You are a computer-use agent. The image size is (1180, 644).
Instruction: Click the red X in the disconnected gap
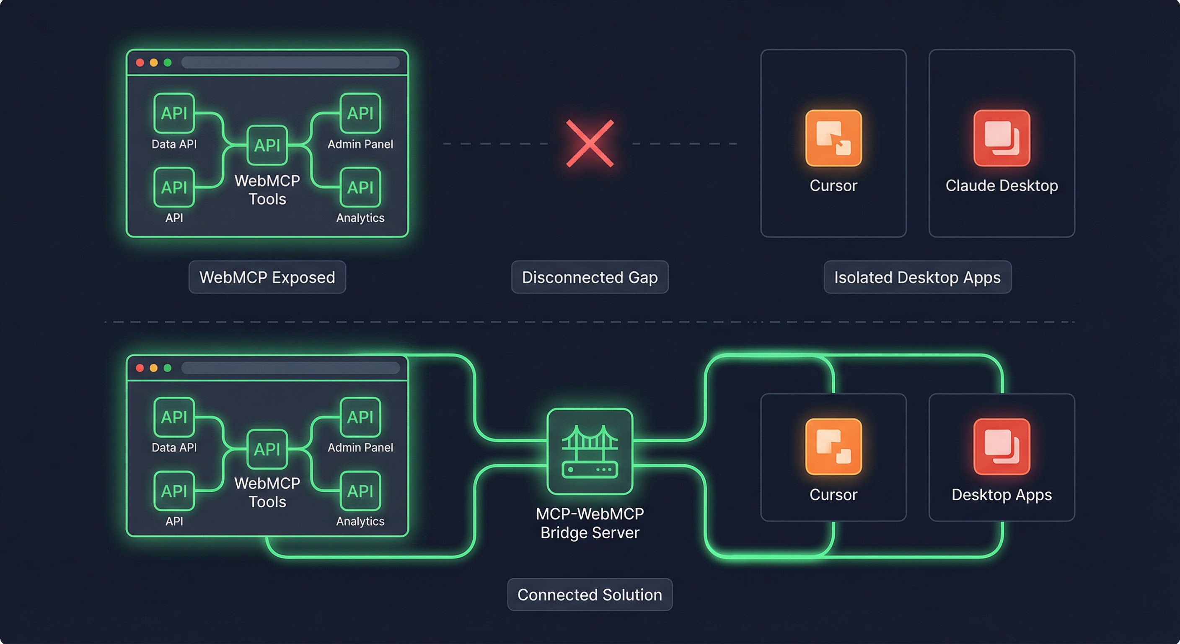[590, 143]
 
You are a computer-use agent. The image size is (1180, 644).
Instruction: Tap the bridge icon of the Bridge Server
[590, 451]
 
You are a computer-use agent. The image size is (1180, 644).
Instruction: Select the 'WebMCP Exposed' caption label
[267, 277]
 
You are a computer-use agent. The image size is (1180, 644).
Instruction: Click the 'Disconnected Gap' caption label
[590, 277]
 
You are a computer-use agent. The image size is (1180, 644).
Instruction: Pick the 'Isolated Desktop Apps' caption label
[917, 277]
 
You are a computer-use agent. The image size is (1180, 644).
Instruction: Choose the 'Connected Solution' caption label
[590, 595]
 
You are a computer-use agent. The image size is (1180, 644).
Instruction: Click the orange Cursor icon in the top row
[833, 138]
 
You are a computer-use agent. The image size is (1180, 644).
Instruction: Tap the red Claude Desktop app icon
[1001, 138]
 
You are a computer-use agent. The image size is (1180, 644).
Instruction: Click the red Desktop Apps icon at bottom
[1001, 447]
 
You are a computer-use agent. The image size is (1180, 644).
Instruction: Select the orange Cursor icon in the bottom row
[833, 447]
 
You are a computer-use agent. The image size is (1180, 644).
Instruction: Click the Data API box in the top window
[174, 113]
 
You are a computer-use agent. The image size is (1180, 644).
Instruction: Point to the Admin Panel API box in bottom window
[360, 417]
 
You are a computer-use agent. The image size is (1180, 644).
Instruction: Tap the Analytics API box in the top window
[360, 187]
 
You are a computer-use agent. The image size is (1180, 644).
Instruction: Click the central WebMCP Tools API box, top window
[267, 145]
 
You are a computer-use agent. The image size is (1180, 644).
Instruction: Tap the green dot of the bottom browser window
[168, 368]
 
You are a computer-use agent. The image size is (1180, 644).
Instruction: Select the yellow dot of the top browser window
[154, 63]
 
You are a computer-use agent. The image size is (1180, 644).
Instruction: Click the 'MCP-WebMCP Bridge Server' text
[590, 523]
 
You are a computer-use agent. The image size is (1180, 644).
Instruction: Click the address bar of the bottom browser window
[290, 368]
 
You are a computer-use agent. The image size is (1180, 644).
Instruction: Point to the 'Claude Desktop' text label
[1001, 186]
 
